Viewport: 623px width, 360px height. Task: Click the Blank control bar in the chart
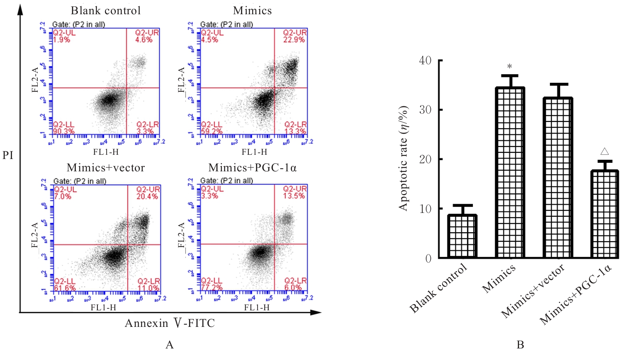462,236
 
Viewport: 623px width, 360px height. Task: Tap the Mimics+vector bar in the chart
558,177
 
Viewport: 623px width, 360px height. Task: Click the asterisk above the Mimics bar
510,67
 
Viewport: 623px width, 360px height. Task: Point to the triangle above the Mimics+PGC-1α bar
605,151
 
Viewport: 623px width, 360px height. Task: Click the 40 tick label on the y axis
425,60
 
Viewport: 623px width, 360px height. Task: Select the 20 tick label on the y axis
425,159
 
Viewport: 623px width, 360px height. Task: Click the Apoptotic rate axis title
403,158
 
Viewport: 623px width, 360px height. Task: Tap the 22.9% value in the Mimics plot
294,40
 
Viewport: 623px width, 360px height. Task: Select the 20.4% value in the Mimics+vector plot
147,196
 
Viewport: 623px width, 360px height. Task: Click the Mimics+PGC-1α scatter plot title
253,168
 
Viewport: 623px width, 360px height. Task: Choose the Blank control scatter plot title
106,11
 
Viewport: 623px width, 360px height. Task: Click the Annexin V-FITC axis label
170,323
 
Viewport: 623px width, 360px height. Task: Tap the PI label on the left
8,156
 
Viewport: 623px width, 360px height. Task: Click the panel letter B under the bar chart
520,345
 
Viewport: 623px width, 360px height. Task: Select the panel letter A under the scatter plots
169,345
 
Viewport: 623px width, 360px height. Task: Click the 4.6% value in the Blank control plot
144,40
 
